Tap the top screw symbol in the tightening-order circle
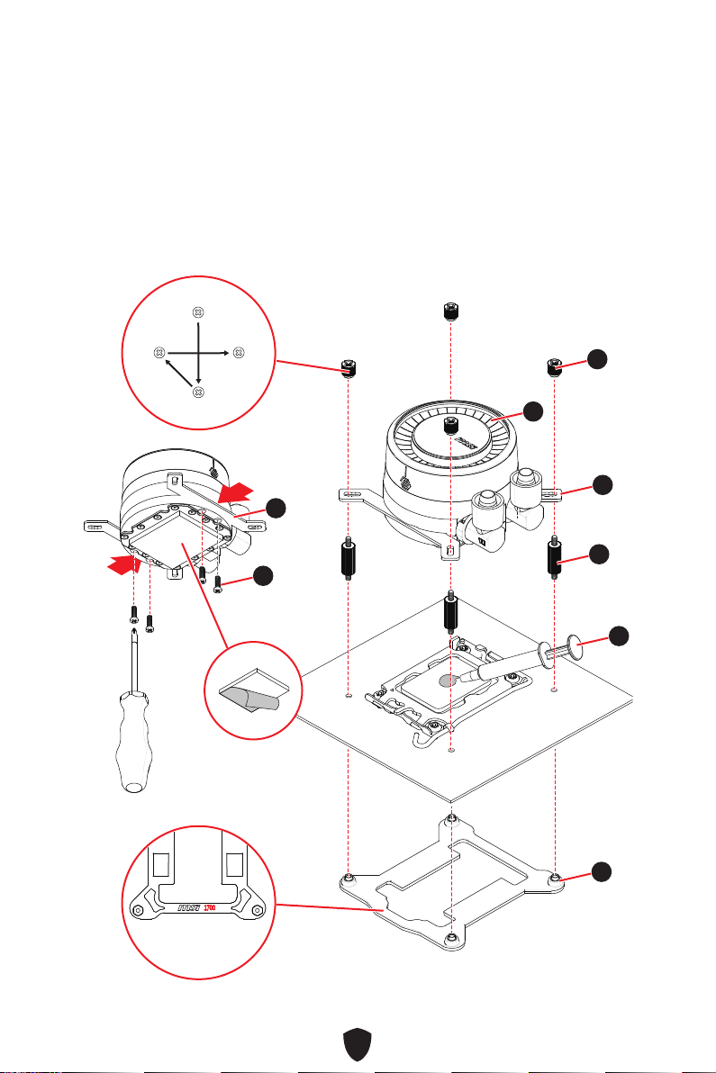(198, 312)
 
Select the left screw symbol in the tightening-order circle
(158, 351)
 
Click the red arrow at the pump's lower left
(123, 564)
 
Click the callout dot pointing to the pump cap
(534, 410)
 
